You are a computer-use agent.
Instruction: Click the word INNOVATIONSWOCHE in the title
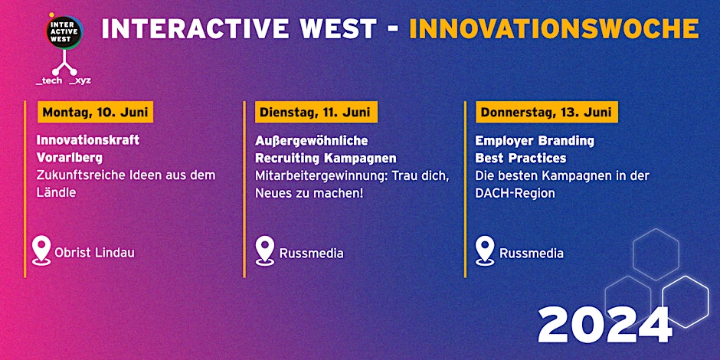tap(554, 29)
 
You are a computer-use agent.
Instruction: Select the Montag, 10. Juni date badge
tap(96, 113)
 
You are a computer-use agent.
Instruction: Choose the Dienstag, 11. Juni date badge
tap(316, 113)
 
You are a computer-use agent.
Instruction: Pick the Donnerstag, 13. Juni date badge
tap(546, 113)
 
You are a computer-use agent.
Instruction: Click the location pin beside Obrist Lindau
tap(41, 250)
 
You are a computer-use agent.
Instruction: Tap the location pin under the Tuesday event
tap(265, 250)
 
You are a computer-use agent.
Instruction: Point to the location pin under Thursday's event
tap(485, 250)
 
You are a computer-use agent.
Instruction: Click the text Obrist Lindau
tap(94, 253)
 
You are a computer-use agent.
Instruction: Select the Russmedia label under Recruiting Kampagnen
tap(311, 254)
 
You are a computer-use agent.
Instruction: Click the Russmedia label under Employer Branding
tap(532, 254)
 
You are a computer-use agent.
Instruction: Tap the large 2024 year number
tap(605, 325)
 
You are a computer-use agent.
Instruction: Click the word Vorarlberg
tap(70, 158)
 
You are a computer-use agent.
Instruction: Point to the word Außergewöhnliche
tap(311, 141)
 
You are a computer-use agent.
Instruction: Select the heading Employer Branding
tap(535, 141)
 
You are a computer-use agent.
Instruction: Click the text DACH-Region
tap(515, 193)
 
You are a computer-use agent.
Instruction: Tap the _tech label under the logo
tap(49, 81)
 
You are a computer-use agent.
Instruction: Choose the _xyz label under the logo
tap(80, 81)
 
